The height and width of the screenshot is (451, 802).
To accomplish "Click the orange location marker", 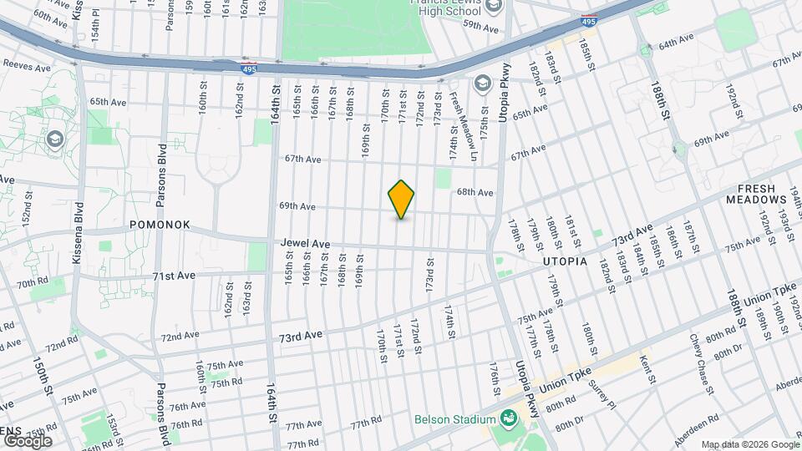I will tap(401, 200).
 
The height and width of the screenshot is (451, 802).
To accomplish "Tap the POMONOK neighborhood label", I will tap(160, 225).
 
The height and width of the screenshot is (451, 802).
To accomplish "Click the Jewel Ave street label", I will tap(305, 244).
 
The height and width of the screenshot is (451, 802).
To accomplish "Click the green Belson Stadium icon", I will tap(507, 418).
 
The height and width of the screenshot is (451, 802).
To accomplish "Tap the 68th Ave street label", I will tap(475, 192).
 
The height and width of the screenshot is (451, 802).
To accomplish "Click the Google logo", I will tap(28, 441).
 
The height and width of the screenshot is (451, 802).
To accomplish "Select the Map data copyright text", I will tap(749, 444).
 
